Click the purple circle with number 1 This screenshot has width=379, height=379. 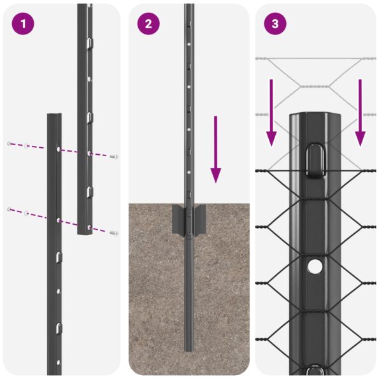click(22, 24)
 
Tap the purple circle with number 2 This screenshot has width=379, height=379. click(148, 24)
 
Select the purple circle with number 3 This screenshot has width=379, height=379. click(275, 24)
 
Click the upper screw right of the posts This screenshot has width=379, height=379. click(114, 155)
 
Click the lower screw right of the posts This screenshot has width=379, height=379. click(114, 233)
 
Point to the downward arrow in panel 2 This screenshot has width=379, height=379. click(216, 149)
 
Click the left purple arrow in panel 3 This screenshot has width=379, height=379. click(271, 112)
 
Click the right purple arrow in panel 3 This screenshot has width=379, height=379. click(360, 112)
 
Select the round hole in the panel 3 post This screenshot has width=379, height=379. click(315, 267)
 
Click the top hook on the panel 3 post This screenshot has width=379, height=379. click(315, 159)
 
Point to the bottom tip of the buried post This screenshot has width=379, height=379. click(189, 348)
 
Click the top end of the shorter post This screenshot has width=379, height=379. click(54, 116)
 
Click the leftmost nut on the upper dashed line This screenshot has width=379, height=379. click(9, 143)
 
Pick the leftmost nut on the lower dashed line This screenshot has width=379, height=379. click(9, 210)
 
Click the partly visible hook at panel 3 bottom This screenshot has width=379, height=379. click(315, 371)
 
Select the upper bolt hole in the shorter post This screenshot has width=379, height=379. click(58, 148)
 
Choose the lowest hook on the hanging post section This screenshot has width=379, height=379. click(89, 190)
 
